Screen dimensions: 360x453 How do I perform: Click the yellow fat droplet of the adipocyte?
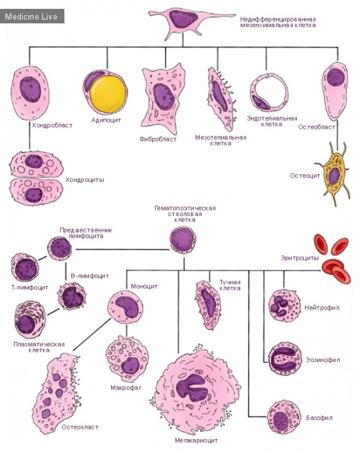point(108,95)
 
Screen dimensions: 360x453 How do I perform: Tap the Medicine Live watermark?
point(31,16)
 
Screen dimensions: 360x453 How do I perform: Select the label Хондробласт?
point(52,125)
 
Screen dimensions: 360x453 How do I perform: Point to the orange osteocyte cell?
point(333,174)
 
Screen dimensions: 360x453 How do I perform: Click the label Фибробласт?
point(158,139)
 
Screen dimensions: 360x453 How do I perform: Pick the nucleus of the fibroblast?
point(164,97)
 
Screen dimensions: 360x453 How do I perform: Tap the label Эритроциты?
point(299,258)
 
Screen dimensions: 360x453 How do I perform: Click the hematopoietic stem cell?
point(183,240)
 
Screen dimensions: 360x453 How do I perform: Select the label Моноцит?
point(145,286)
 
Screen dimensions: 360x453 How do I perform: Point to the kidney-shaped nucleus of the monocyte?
point(128,307)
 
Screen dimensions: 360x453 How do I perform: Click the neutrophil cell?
point(285,306)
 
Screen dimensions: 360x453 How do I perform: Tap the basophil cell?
point(284,417)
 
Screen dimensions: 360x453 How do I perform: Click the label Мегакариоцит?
point(196,440)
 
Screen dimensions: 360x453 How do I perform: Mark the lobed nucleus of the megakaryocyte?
point(192,388)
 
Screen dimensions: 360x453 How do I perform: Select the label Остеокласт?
point(80,427)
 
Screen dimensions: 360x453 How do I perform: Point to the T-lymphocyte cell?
point(25,267)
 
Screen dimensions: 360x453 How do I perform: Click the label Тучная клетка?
point(230,285)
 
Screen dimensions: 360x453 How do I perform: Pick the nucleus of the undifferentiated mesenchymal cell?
point(183,19)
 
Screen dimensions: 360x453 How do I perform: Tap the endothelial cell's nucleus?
point(261,102)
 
